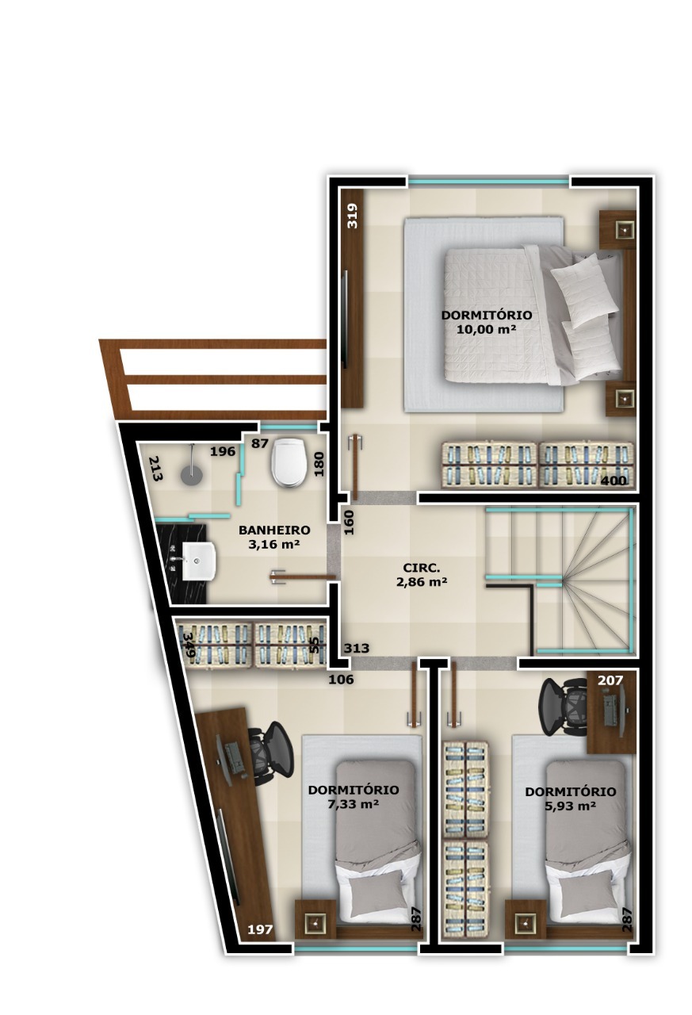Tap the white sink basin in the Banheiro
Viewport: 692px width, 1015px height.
pyautogui.click(x=199, y=561)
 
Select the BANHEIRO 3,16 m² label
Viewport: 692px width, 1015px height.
pyautogui.click(x=274, y=537)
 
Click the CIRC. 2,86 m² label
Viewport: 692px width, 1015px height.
pyautogui.click(x=422, y=575)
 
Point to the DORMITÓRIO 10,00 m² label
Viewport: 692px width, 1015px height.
pyautogui.click(x=487, y=321)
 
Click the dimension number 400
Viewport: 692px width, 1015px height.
pyautogui.click(x=614, y=481)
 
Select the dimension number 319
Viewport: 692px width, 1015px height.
pyautogui.click(x=352, y=216)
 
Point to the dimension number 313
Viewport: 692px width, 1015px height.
pyautogui.click(x=357, y=649)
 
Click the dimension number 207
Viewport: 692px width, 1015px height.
pyautogui.click(x=610, y=680)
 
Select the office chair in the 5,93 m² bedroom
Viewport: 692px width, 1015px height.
pyautogui.click(x=563, y=707)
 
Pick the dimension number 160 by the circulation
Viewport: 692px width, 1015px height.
pyautogui.click(x=349, y=523)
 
